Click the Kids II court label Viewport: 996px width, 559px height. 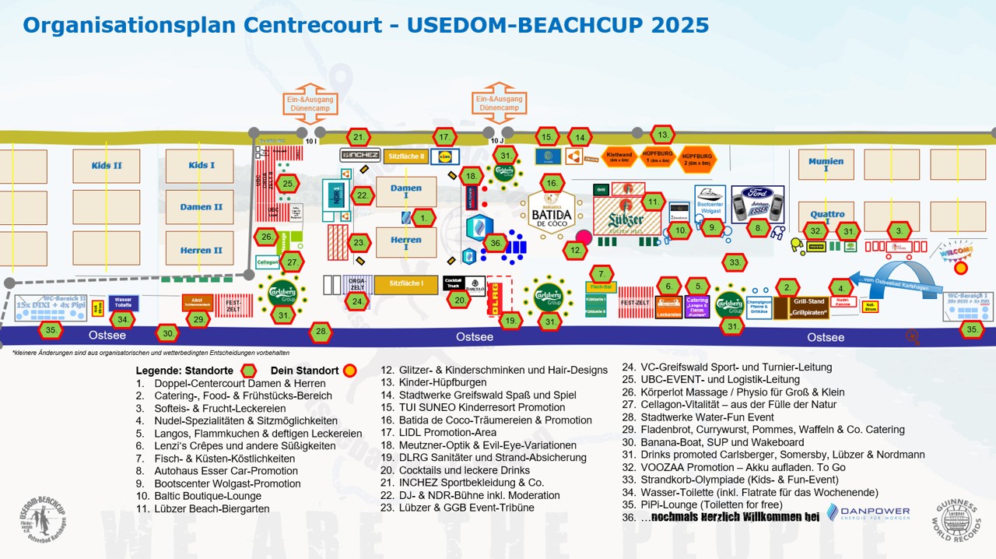(x=107, y=166)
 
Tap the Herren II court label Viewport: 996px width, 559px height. (x=201, y=250)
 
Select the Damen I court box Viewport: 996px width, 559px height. (x=405, y=192)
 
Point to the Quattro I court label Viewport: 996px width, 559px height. (x=826, y=214)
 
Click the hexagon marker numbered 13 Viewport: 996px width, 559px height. (x=662, y=134)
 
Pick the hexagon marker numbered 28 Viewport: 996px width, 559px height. (x=321, y=332)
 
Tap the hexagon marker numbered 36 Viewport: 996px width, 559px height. (x=495, y=243)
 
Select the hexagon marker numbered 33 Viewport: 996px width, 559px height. (x=735, y=263)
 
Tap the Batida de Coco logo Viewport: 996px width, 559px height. (x=552, y=212)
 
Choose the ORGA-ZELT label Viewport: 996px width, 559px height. (x=357, y=283)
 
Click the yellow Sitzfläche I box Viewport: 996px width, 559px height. (x=405, y=285)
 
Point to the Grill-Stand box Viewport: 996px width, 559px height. (x=808, y=307)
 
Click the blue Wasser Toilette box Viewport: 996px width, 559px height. (x=123, y=302)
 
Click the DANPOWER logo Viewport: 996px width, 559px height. (x=867, y=513)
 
